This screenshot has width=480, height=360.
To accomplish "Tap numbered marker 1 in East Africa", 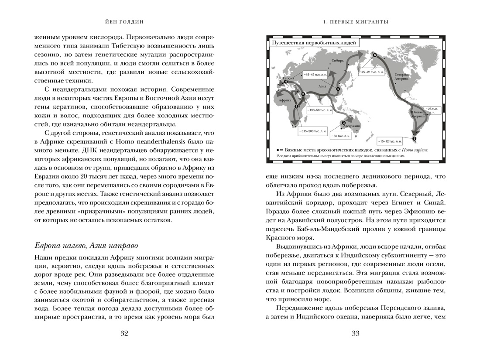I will [296, 106].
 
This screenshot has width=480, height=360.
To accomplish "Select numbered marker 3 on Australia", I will [344, 123].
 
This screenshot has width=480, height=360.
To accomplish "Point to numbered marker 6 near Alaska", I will [374, 55].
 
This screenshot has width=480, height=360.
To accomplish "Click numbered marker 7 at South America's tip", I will [414, 139].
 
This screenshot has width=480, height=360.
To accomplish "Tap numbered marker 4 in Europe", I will [285, 82].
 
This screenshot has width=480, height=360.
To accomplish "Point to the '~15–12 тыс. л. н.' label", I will [389, 141].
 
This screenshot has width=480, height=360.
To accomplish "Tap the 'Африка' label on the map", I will [285, 100].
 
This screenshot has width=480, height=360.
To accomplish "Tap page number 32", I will [124, 334].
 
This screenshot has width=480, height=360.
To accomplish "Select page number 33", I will [355, 334].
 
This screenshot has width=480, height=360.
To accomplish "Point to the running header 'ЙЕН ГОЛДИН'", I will [124, 21].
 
